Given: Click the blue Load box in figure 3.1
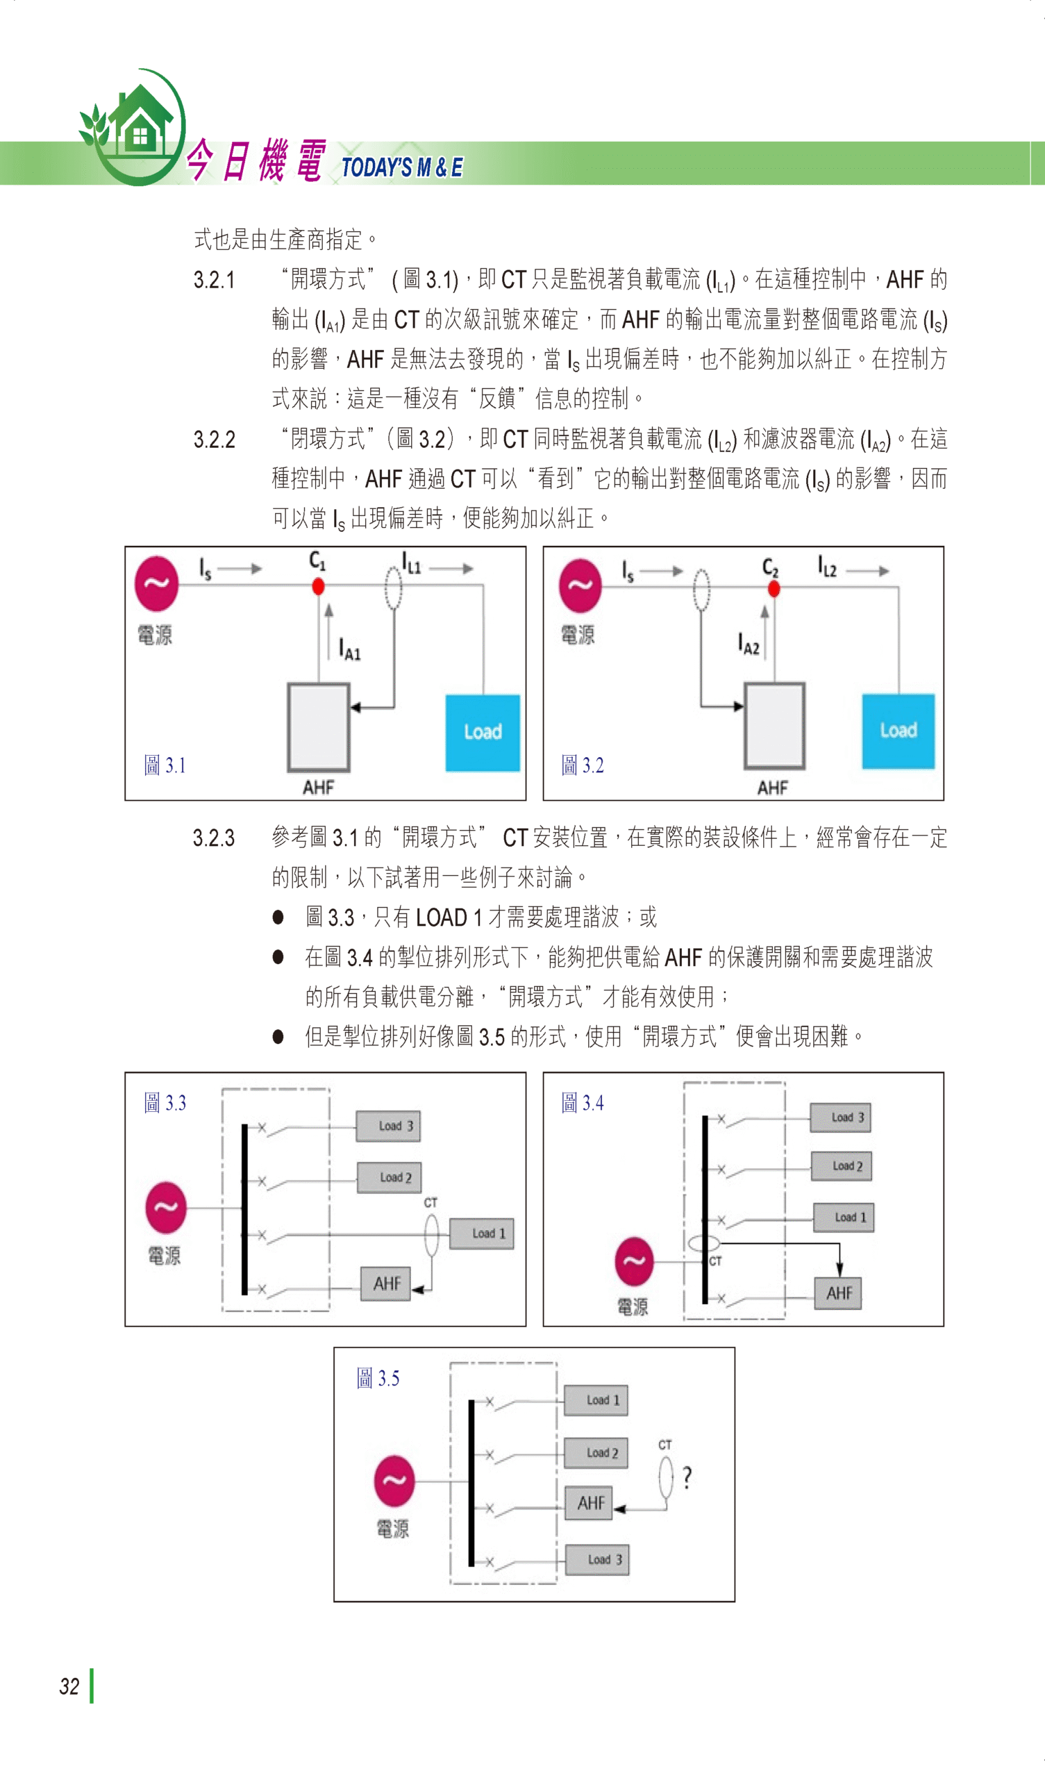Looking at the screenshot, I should [x=483, y=731].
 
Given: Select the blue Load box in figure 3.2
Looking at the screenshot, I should [x=898, y=730].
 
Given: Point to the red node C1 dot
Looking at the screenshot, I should [x=318, y=586].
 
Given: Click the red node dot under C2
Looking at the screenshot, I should [x=774, y=588].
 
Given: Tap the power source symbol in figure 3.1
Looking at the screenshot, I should [x=157, y=583].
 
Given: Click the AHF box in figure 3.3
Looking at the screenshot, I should [x=386, y=1283].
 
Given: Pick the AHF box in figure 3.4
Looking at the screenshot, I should [x=838, y=1293].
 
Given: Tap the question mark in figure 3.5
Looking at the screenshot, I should [x=687, y=1477].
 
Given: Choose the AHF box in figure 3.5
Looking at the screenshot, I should [x=591, y=1503].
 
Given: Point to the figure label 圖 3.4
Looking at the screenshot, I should [x=582, y=1103].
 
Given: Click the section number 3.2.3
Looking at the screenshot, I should [x=214, y=838].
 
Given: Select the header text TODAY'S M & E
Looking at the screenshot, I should [x=402, y=168].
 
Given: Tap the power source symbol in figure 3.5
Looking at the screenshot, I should [x=394, y=1481].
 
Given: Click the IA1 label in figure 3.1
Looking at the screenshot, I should [x=349, y=649].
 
